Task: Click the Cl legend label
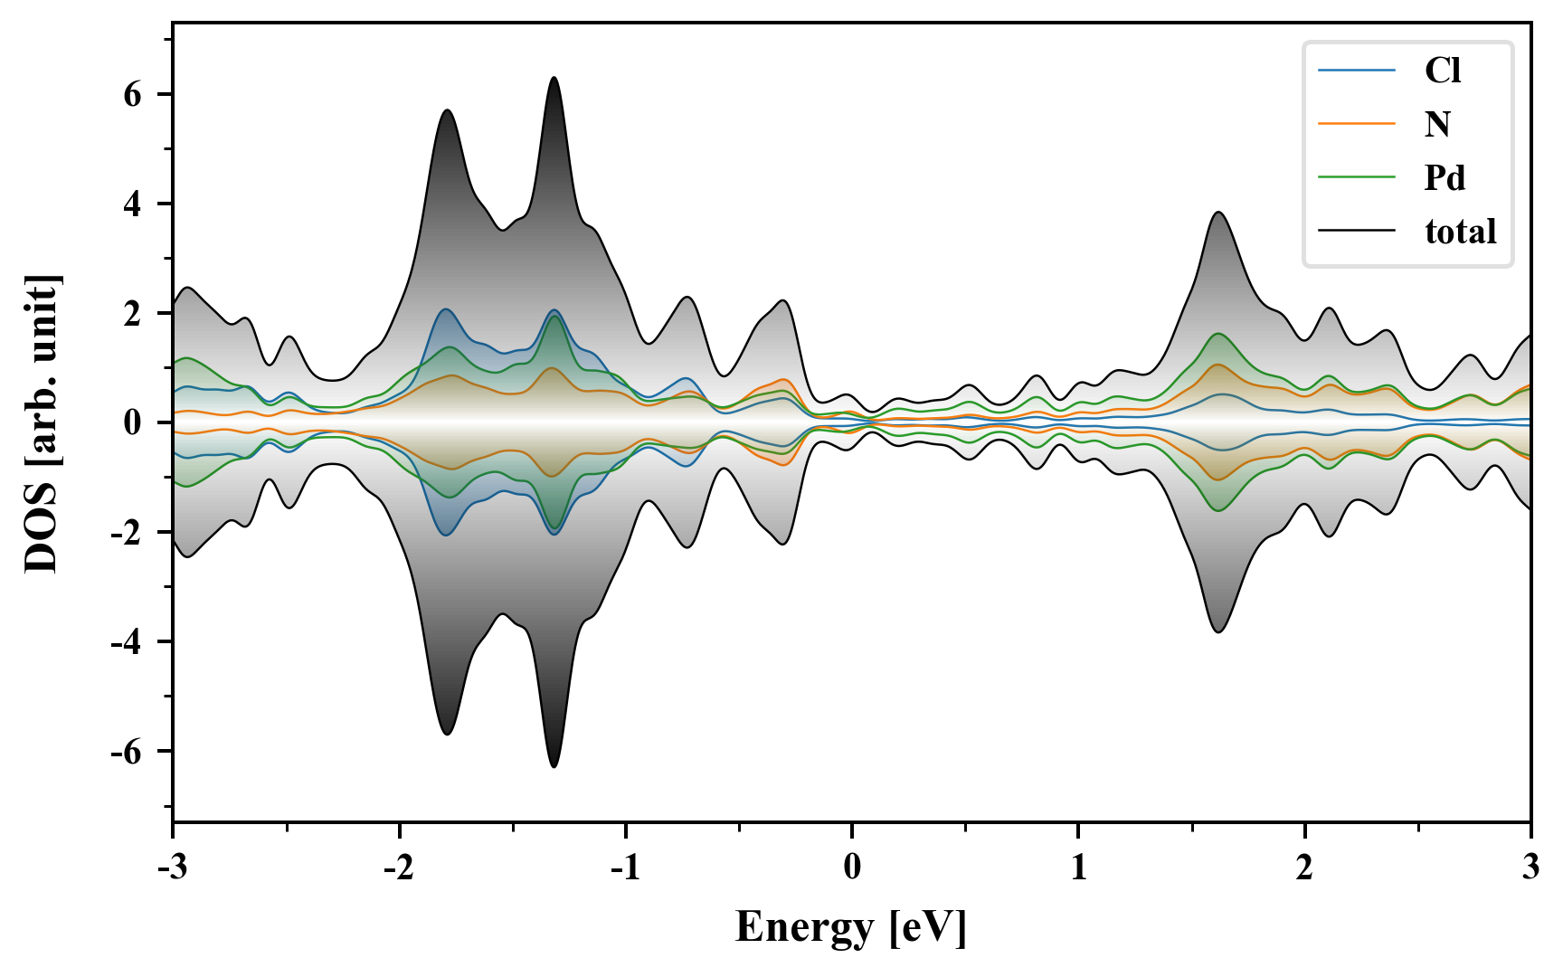click(1443, 71)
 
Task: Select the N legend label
click(1437, 124)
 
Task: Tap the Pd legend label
click(1445, 177)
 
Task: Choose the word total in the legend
click(1460, 232)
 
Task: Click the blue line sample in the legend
click(1356, 71)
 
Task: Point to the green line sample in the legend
click(1356, 177)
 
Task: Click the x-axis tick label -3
click(173, 868)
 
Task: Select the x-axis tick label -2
click(399, 868)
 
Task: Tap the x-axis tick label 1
click(1078, 868)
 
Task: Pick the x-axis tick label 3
click(1530, 868)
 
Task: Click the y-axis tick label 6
click(133, 95)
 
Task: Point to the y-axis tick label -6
click(127, 752)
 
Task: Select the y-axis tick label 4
click(133, 204)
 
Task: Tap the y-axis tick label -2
click(127, 533)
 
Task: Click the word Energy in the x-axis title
click(804, 927)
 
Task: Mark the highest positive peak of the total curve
click(554, 78)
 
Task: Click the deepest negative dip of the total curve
click(554, 767)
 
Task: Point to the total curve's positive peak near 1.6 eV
click(1218, 213)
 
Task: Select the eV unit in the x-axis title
click(928, 927)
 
